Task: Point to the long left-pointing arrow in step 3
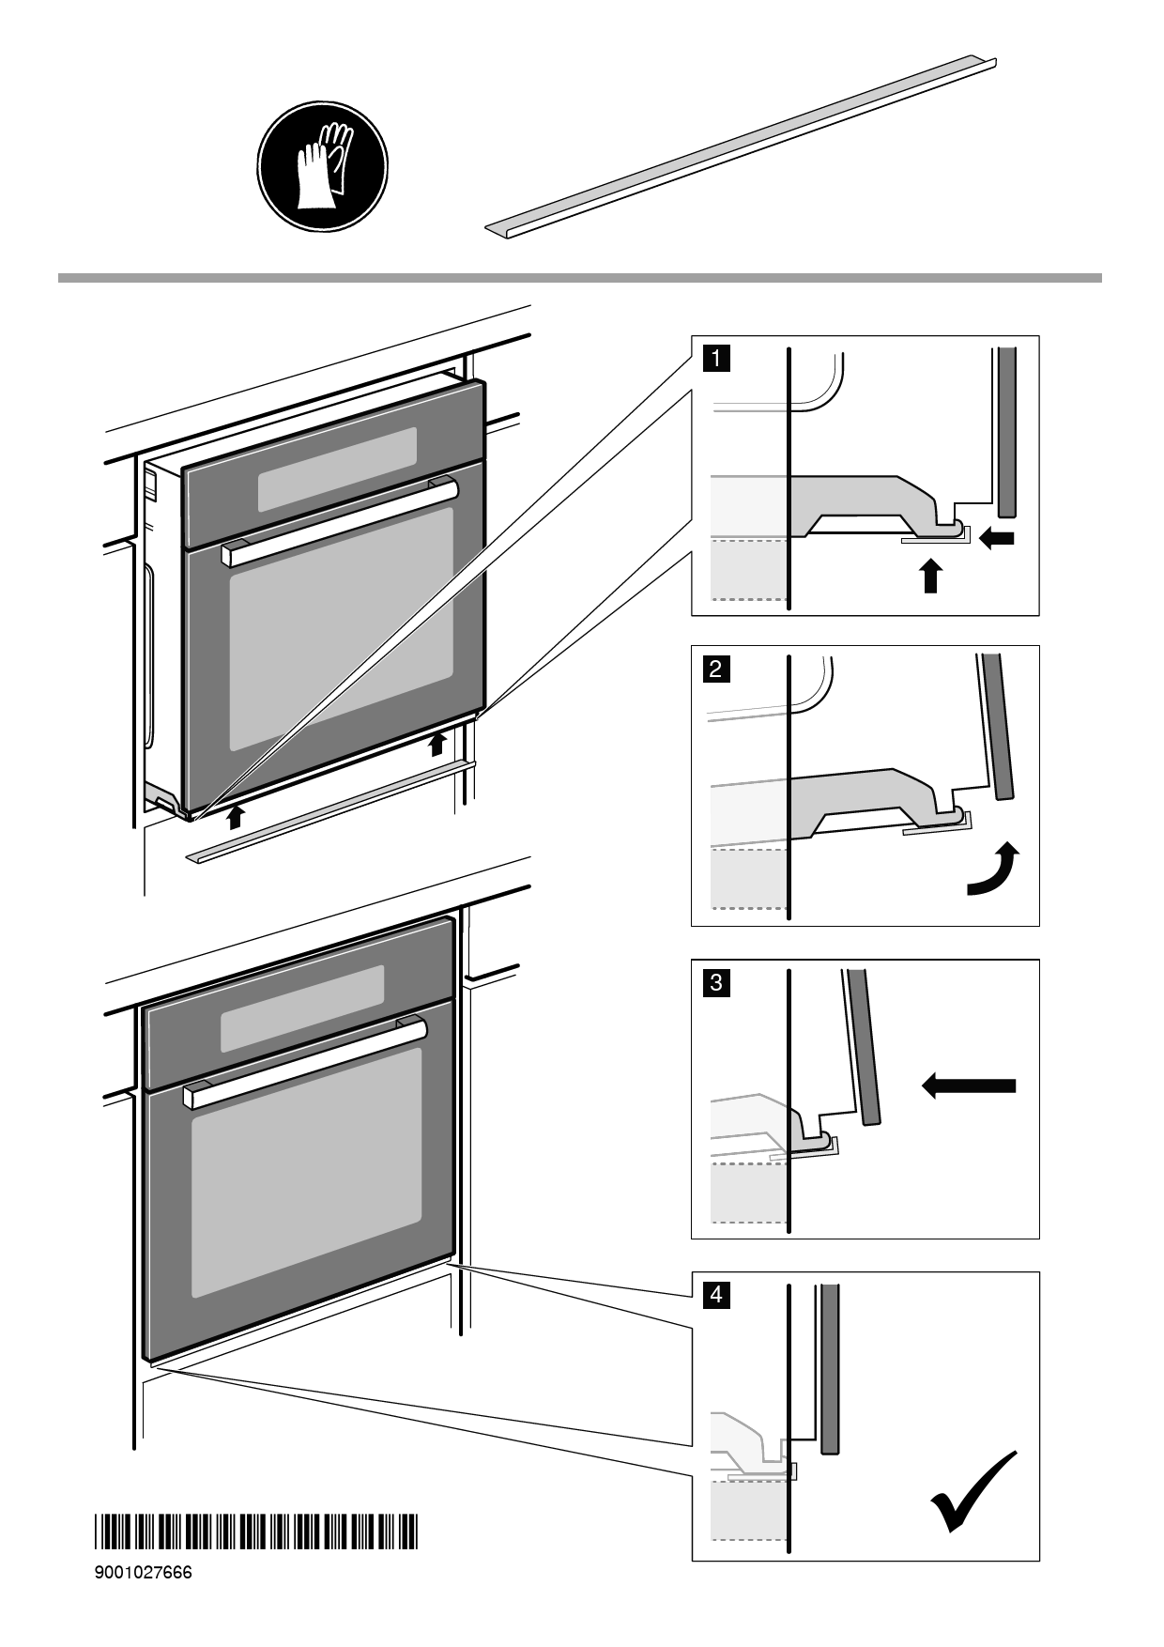point(968,1085)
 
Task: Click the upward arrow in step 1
point(929,576)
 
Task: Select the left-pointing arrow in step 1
point(997,538)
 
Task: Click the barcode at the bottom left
point(255,1532)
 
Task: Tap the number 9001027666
point(143,1573)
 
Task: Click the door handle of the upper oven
point(340,523)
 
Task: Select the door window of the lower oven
point(307,1173)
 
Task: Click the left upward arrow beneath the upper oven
point(235,815)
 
